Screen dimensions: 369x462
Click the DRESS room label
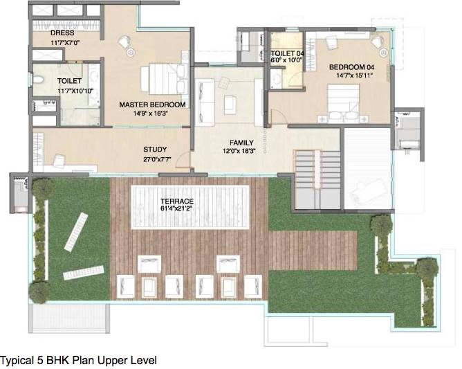(x=63, y=33)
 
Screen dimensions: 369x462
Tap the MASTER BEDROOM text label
(x=152, y=105)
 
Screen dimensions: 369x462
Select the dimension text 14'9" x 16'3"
(x=152, y=114)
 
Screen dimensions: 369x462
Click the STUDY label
(x=155, y=149)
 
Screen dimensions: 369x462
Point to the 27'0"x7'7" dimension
(x=155, y=158)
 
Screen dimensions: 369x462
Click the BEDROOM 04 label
(x=353, y=67)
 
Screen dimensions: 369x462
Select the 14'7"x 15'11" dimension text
(x=353, y=75)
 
